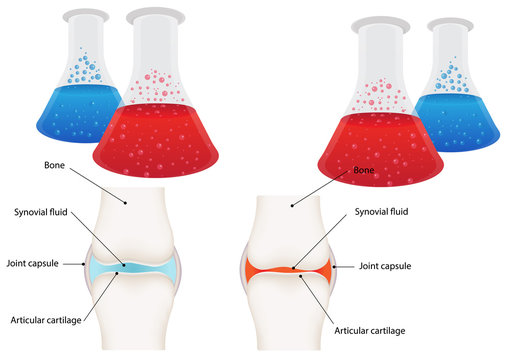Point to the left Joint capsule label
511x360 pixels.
tap(31, 264)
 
